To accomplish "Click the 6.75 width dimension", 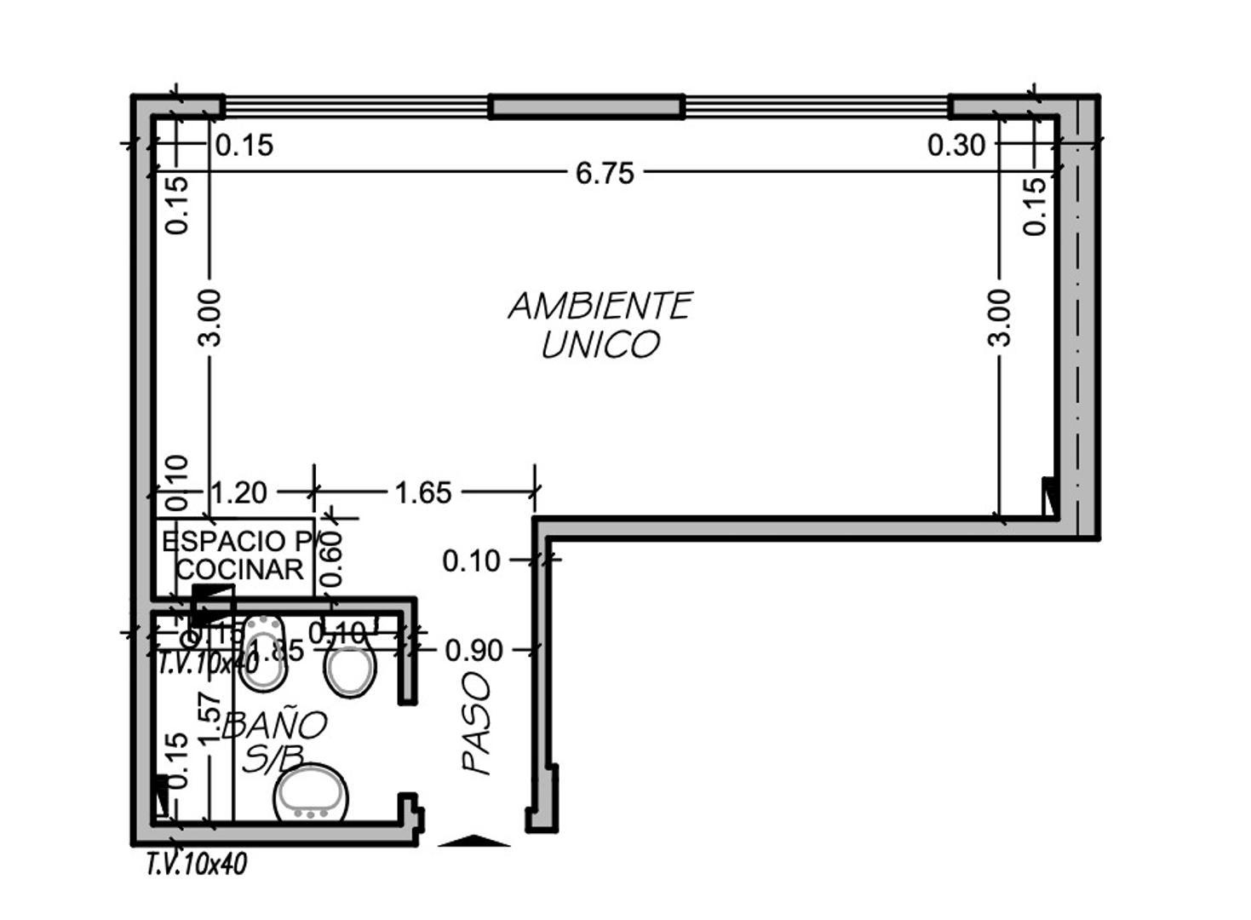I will (604, 173).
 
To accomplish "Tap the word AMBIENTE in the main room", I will (600, 306).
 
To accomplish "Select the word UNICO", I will (600, 345).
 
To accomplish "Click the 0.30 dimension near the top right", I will (955, 146).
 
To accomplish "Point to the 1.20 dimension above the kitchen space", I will (238, 492).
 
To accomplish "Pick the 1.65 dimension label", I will (422, 492).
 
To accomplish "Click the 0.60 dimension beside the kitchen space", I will (331, 558).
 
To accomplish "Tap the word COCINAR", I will (239, 569).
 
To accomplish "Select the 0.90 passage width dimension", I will (473, 650).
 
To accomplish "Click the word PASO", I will (477, 723).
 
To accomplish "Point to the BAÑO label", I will (274, 725).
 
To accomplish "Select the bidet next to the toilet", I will (262, 652).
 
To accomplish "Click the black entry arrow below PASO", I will (473, 841).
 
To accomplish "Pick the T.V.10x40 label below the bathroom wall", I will (197, 865).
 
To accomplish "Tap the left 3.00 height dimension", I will (209, 317).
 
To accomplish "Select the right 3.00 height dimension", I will (1000, 317).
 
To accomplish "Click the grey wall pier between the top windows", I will (587, 106).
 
